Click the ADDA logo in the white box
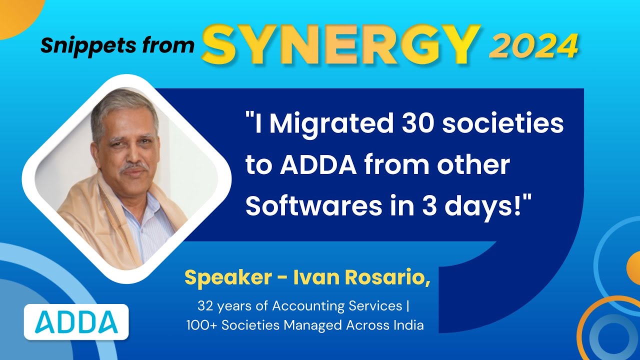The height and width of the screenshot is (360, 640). pos(76,322)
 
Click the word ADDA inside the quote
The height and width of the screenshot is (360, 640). pos(316,165)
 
